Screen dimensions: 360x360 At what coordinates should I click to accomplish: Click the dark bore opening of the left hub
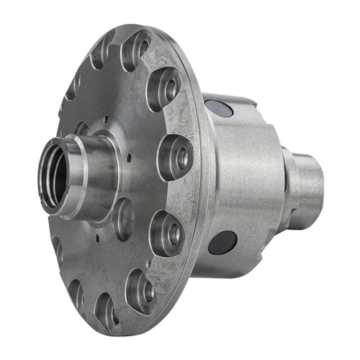(x=55, y=180)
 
